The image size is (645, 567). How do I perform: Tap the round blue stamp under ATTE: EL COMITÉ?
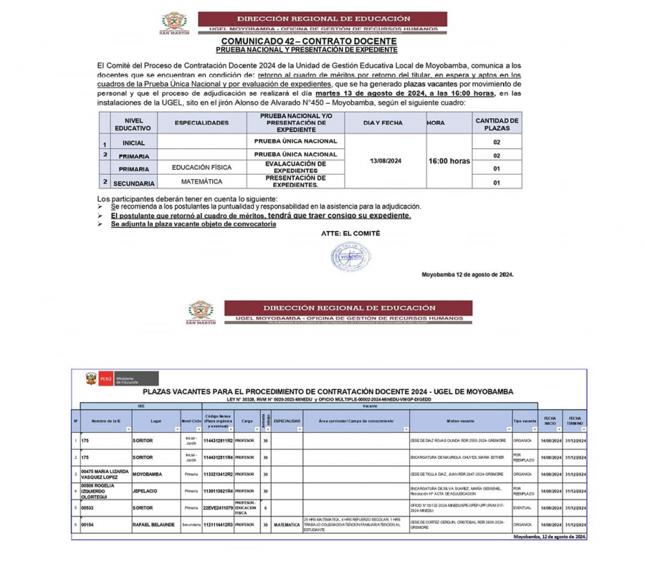347,255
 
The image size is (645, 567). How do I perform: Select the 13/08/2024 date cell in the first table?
386,161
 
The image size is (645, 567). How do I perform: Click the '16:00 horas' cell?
449,161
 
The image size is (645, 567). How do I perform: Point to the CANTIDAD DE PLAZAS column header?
497,123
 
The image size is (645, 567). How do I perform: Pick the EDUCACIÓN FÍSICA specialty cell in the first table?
201,168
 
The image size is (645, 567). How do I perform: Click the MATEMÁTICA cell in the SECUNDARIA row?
201,182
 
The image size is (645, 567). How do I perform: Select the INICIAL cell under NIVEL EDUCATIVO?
133,143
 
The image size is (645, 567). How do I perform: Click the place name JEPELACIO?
148,491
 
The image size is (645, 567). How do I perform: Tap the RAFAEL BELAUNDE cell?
153,525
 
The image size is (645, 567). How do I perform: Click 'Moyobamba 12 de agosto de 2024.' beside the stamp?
467,275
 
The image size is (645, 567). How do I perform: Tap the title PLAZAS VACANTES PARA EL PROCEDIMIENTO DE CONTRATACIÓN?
328,391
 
